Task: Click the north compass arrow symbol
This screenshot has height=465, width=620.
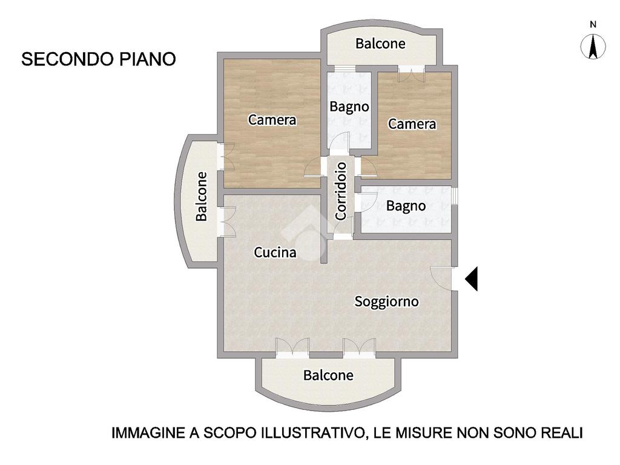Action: click(x=593, y=46)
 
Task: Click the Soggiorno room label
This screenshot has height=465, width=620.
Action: click(x=386, y=302)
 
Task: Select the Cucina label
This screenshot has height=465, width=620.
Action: click(x=275, y=252)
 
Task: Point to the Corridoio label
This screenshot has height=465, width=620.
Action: click(x=341, y=191)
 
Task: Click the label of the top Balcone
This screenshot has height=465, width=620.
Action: click(x=380, y=44)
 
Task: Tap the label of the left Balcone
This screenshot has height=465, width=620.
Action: click(x=202, y=196)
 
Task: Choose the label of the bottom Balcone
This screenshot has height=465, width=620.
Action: click(x=328, y=375)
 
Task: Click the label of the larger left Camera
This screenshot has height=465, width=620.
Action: click(x=272, y=119)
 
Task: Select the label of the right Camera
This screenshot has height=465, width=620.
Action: click(x=412, y=124)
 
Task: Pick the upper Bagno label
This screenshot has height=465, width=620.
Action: click(x=349, y=107)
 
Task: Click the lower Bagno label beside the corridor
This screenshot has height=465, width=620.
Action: click(x=406, y=206)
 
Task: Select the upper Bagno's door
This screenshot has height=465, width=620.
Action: click(x=340, y=143)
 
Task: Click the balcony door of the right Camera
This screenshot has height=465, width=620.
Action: click(x=412, y=74)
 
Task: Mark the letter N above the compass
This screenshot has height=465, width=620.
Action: click(x=593, y=24)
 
